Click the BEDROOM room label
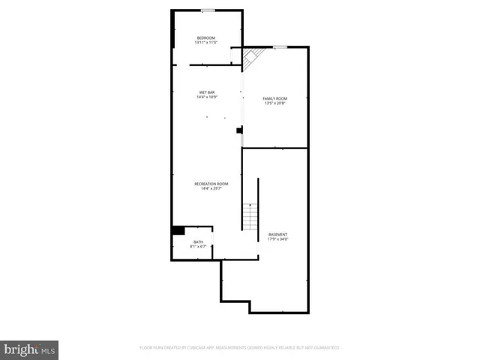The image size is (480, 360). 206,38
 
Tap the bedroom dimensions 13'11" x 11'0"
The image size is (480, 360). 206,43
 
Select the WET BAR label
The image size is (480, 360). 206,92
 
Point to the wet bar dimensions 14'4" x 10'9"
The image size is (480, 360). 206,97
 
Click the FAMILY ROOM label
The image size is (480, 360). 275,98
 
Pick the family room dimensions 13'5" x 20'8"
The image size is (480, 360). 275,103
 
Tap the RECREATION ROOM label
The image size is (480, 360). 211,184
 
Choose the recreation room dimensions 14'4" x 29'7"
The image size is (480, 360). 211,189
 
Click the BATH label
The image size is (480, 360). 198,241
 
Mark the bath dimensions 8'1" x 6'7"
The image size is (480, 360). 198,247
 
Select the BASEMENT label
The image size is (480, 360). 277,235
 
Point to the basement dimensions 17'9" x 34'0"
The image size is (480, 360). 277,240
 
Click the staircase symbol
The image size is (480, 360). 250,216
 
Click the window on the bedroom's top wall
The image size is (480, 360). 208,10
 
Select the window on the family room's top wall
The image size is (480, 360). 279,46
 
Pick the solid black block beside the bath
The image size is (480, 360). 178,230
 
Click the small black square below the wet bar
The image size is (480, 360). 239,130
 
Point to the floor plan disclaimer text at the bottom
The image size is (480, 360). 240,348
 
